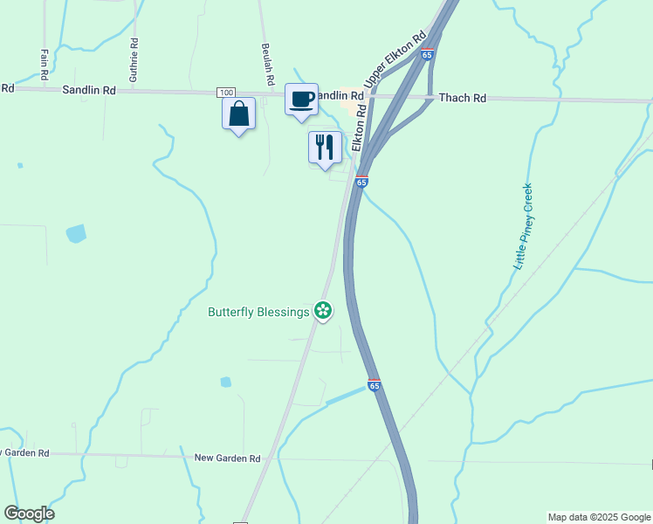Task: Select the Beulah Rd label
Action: tap(269, 65)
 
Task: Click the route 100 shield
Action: tap(226, 92)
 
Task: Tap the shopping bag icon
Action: tap(238, 114)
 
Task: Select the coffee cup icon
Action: tap(302, 100)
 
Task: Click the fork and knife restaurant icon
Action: tap(325, 146)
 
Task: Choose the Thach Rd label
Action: tap(462, 99)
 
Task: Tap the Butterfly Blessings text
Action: tap(258, 312)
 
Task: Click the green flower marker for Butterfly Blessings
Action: tap(323, 311)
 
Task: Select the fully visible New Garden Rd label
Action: tap(227, 458)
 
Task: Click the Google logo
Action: tap(29, 514)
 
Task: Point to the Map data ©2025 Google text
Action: tap(599, 517)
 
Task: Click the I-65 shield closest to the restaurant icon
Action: tap(361, 182)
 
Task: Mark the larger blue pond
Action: tap(76, 233)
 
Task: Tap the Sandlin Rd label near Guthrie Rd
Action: tap(89, 89)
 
